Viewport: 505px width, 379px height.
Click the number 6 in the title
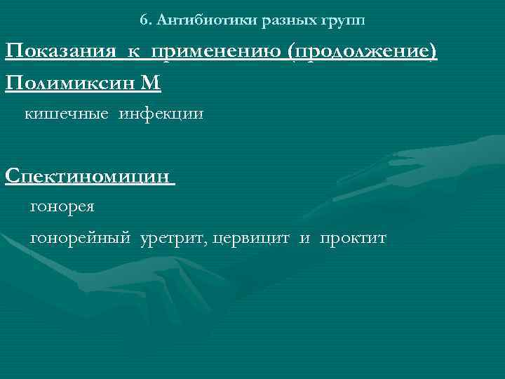(143, 20)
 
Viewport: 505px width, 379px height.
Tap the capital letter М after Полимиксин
(151, 84)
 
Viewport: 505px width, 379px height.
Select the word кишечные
(67, 113)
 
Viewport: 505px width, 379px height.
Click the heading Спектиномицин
(88, 175)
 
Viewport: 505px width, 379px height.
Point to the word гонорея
(62, 207)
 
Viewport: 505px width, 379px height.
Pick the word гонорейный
(81, 239)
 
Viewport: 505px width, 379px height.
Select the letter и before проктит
(304, 239)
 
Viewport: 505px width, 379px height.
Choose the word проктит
(353, 239)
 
